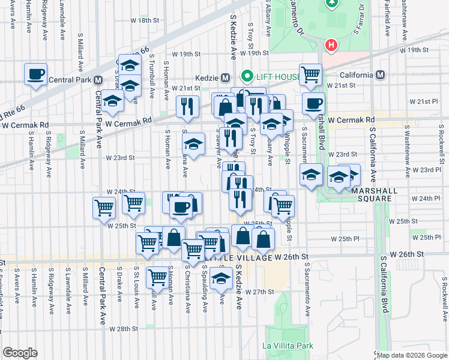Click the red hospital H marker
(330, 45)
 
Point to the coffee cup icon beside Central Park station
(35, 74)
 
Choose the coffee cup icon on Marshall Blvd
(313, 103)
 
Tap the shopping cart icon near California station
(310, 75)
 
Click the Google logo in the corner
(20, 352)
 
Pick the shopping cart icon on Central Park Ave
(104, 208)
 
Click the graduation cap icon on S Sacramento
(311, 175)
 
